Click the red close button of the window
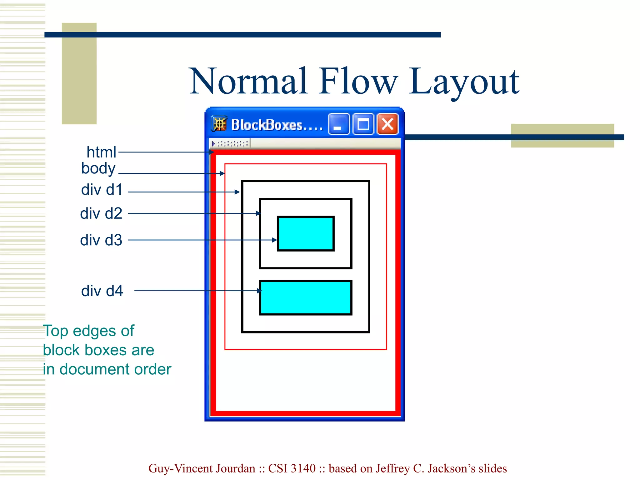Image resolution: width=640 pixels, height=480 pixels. click(387, 124)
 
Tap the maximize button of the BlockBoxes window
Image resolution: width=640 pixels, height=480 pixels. click(363, 124)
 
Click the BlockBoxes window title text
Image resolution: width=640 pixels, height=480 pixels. click(277, 125)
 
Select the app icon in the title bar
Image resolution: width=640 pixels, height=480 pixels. click(219, 124)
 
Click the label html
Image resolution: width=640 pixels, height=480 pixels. click(101, 152)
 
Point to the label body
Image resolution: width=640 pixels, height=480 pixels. click(98, 168)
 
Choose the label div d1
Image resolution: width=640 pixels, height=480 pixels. click(102, 190)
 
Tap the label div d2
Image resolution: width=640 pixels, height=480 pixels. click(101, 213)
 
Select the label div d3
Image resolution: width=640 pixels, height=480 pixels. click(101, 240)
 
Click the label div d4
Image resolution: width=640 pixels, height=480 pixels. click(102, 291)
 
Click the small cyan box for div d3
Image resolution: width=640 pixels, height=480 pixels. click(306, 233)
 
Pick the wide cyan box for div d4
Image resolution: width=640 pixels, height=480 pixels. click(306, 297)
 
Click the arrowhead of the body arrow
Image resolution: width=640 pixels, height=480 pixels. click(222, 173)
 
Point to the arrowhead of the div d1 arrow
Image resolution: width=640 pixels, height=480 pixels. click(237, 192)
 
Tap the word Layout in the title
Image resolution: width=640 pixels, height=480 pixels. click(464, 82)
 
